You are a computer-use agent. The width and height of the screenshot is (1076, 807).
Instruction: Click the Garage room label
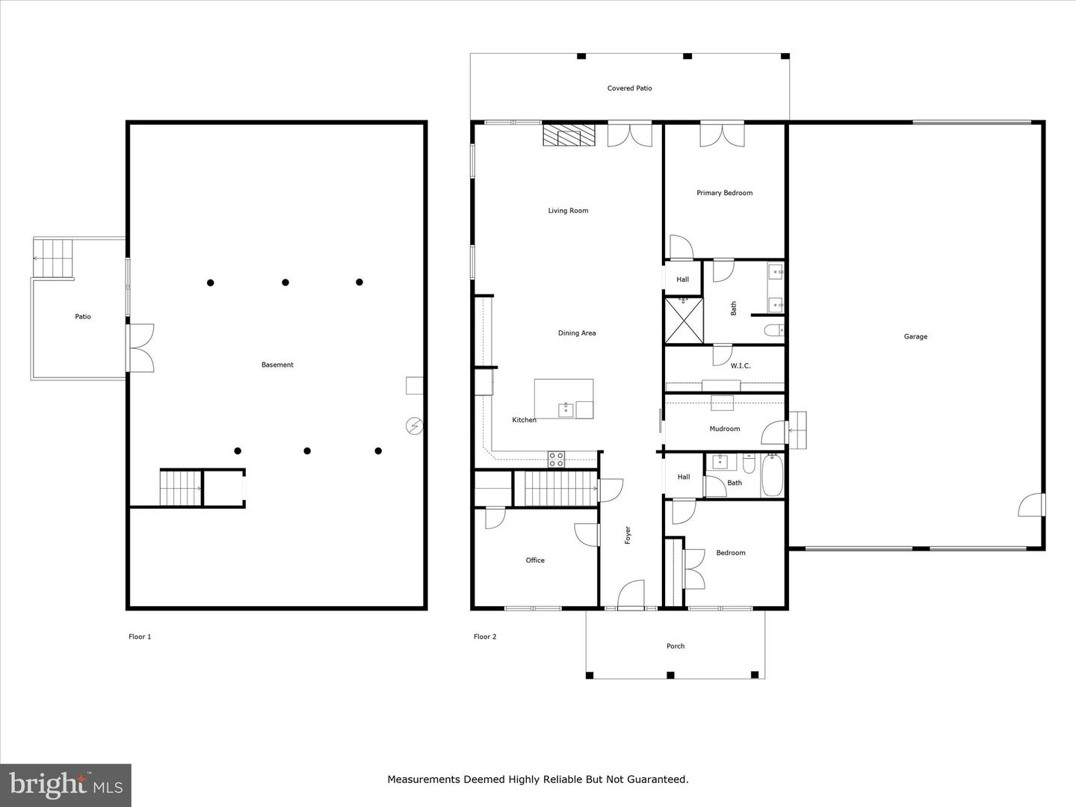(915, 336)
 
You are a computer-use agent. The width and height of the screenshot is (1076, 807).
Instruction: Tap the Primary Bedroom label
(724, 193)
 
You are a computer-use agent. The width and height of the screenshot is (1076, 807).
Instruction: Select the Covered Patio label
(629, 88)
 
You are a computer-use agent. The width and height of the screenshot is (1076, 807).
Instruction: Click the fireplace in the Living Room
(569, 135)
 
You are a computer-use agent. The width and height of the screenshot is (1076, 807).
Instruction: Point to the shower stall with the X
(684, 321)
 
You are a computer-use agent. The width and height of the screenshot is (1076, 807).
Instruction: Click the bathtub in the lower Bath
(772, 475)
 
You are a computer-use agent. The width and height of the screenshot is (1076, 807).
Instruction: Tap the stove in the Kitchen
(557, 460)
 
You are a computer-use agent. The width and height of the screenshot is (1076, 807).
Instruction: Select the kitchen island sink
(566, 409)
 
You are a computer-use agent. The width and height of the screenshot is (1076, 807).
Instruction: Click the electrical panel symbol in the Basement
(415, 426)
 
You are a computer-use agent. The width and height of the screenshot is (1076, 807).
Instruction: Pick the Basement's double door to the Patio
(140, 347)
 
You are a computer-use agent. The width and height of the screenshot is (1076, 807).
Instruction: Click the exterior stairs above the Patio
(54, 258)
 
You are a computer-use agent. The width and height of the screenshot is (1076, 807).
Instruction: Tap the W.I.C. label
(740, 365)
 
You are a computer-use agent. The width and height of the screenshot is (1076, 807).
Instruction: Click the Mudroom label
(724, 429)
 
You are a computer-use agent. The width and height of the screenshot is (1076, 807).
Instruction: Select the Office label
(535, 560)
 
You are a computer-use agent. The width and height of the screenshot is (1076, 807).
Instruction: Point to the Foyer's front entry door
(631, 596)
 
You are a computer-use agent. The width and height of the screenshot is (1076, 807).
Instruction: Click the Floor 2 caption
(485, 637)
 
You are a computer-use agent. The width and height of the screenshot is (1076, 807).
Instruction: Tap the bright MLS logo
(66, 785)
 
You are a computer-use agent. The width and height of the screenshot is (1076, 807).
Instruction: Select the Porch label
(675, 646)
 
